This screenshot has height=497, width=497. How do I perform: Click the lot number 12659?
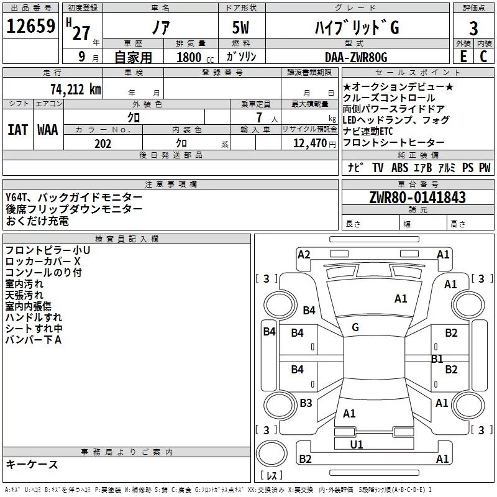coord(31,27)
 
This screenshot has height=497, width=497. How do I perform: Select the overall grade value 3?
coord(473,28)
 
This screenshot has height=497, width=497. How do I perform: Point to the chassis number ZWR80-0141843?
coord(417,198)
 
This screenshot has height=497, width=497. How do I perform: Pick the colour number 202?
coord(103,144)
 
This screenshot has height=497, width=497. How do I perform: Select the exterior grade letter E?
coord(463,57)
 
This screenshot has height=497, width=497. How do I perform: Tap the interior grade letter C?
coord(483,57)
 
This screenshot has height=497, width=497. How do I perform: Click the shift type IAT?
coord(17,130)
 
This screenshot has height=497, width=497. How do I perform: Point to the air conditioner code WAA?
coord(47,130)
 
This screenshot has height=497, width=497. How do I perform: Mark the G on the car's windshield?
coord(355,327)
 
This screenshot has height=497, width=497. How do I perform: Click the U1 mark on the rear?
coord(357,444)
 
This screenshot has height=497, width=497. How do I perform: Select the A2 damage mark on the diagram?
coord(304,254)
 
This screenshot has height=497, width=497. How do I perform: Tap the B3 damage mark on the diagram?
coord(306,403)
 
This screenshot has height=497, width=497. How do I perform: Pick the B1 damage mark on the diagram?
coord(437,358)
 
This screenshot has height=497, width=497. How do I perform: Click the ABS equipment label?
coord(399,168)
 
